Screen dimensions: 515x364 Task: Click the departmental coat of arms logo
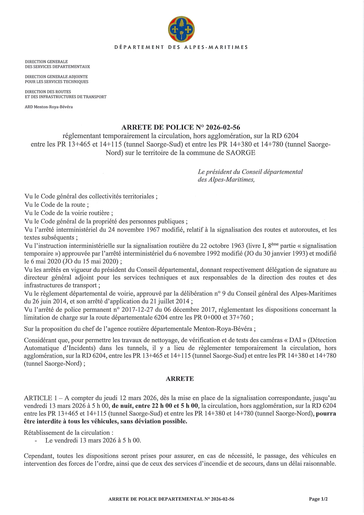pyautogui.click(x=181, y=29)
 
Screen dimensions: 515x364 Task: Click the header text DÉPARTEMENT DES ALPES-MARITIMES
pyautogui.click(x=181, y=47)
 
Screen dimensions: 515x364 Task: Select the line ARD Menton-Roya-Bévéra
pyautogui.click(x=49, y=107)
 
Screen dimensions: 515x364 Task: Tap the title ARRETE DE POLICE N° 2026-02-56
pyautogui.click(x=181, y=127)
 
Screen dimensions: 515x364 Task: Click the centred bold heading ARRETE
pyautogui.click(x=180, y=379)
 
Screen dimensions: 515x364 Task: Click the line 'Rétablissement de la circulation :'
pyautogui.click(x=68, y=433)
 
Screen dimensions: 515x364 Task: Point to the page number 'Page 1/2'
pyautogui.click(x=318, y=499)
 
